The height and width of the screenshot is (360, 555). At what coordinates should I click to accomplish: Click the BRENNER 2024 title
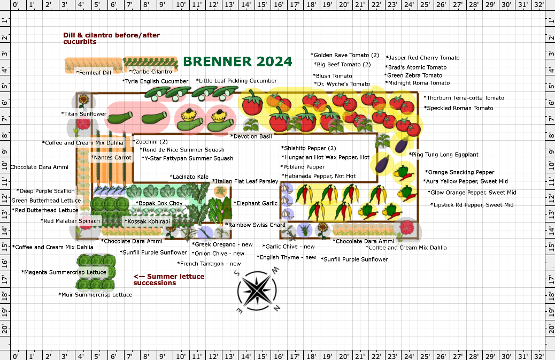point(237,61)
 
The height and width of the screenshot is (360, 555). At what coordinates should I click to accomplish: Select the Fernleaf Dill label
point(94,72)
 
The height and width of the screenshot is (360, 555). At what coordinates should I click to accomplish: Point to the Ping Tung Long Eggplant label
point(444,155)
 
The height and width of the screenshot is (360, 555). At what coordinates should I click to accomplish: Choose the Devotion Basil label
point(251,136)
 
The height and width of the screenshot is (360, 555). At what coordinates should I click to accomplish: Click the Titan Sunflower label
point(84,114)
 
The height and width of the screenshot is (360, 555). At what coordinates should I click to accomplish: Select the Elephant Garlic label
point(256,203)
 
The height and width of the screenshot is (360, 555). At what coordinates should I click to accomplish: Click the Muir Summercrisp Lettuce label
point(95,294)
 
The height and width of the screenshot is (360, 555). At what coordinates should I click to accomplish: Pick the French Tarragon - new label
point(209,264)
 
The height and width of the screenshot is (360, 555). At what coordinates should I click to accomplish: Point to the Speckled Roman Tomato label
point(459,108)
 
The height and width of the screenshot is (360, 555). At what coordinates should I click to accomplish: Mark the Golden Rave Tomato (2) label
point(345,55)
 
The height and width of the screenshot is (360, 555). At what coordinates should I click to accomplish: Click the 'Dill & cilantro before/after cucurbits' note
point(111,38)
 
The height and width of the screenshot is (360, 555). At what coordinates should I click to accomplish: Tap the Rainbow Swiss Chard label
point(255,225)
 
